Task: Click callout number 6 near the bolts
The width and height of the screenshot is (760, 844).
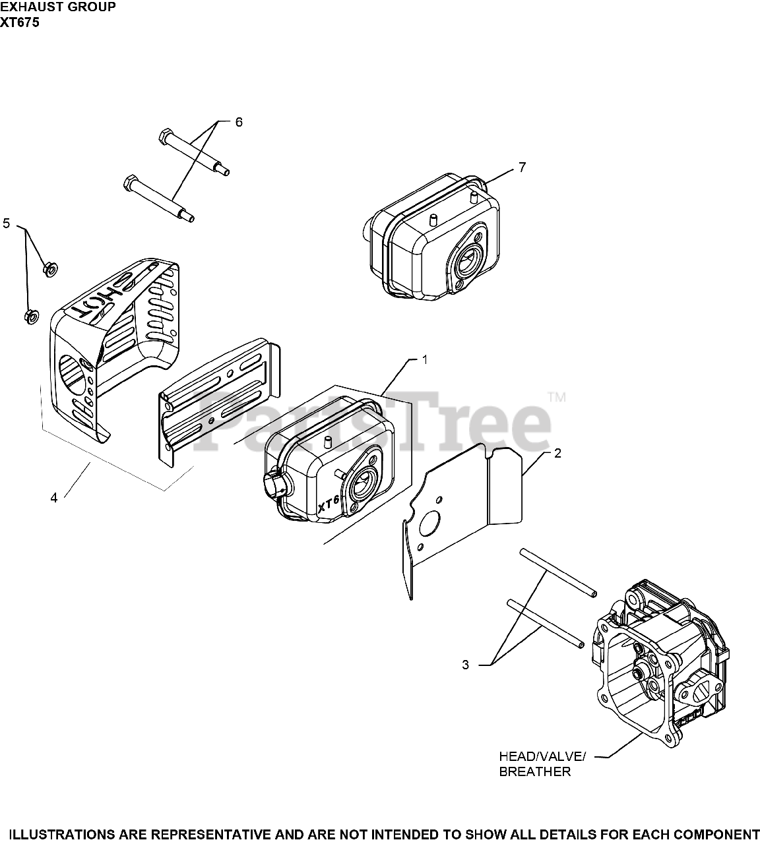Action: tap(239, 122)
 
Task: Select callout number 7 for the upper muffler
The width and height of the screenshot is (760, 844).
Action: tap(522, 167)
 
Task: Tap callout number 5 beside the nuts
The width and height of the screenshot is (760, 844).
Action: tap(7, 224)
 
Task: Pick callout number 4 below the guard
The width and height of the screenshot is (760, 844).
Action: tap(54, 498)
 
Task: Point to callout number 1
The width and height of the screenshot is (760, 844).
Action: tap(425, 359)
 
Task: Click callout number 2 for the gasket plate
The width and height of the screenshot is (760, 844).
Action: tap(557, 454)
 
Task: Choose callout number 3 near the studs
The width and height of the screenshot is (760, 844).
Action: tap(465, 665)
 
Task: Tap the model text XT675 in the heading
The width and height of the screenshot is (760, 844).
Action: tap(20, 22)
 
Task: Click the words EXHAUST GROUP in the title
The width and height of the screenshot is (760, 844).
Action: tap(58, 7)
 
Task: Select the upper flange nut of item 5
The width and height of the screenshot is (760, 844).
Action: tap(49, 268)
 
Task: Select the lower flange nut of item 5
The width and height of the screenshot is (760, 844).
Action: tap(30, 317)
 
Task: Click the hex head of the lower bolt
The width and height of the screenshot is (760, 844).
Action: tap(130, 181)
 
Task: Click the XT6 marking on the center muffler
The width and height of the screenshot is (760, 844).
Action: tap(328, 504)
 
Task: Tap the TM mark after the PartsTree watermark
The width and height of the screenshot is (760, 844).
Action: tap(557, 398)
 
